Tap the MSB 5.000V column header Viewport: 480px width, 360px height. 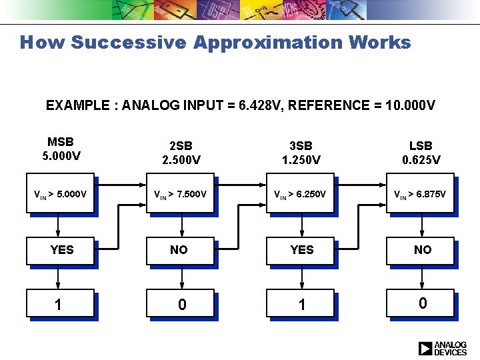(61, 148)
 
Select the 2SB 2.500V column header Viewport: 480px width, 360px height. (179, 153)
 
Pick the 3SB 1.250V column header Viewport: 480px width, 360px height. (301, 153)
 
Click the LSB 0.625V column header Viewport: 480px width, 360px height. (421, 153)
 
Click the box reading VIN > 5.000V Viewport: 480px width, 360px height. (60, 194)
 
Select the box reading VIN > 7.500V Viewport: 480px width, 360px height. (180, 194)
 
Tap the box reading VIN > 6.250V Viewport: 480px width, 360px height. (300, 194)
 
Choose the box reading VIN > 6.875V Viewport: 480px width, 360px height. (420, 194)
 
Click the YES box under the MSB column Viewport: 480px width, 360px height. (61, 250)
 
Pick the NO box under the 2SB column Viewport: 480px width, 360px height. (180, 250)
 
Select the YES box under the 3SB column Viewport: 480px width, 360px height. (301, 250)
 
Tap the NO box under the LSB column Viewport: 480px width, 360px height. (421, 250)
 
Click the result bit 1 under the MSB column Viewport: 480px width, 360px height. (60, 304)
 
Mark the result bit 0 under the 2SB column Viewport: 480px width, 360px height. (181, 304)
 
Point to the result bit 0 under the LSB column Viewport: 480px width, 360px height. (421, 303)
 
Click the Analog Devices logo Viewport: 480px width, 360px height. (443, 348)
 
